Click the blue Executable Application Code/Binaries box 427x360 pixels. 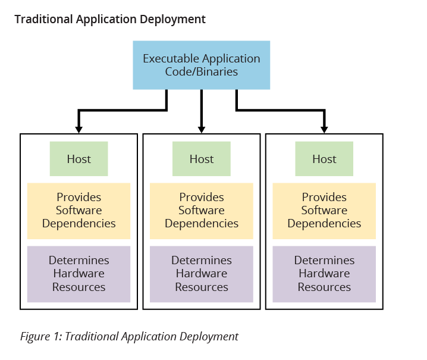202,65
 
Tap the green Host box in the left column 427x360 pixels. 79,159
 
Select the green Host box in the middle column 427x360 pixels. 202,159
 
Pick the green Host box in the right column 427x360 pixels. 324,159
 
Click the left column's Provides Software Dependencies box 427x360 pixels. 79,211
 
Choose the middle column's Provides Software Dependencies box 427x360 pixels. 202,211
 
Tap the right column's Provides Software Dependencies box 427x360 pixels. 324,211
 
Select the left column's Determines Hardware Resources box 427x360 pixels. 79,274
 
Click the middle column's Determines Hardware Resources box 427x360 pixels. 202,274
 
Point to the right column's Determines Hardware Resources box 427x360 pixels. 324,274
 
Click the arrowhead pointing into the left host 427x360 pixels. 79,129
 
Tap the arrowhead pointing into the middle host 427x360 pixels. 202,129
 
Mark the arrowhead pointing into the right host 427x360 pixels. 324,129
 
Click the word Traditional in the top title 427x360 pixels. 43,19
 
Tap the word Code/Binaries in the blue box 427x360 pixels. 202,72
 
